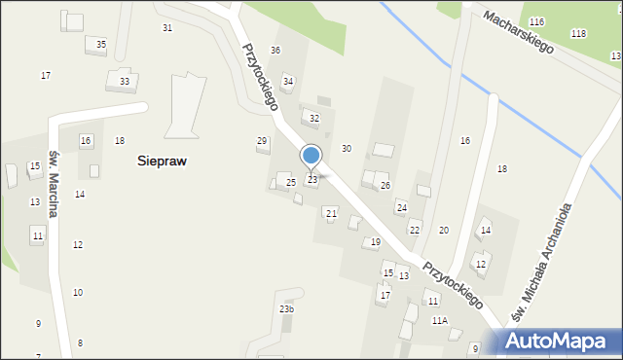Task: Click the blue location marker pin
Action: click(x=311, y=157)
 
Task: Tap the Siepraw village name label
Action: click(x=162, y=162)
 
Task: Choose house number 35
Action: click(x=101, y=45)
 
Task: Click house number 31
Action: click(x=167, y=28)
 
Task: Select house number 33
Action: click(x=125, y=82)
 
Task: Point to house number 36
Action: click(x=275, y=51)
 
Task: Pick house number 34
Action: click(x=288, y=81)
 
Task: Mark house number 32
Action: click(x=313, y=118)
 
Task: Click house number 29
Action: click(x=262, y=141)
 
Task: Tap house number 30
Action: click(x=346, y=148)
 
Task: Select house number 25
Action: click(x=290, y=183)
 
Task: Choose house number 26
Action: click(x=385, y=185)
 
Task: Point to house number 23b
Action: click(x=286, y=309)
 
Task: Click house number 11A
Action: click(x=440, y=320)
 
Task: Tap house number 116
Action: click(x=537, y=21)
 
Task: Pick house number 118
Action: click(x=578, y=34)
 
